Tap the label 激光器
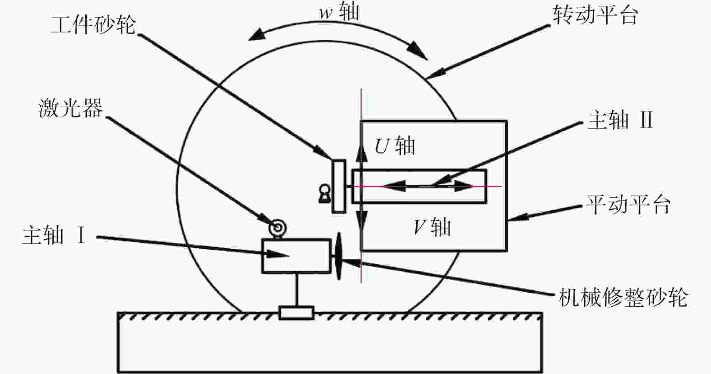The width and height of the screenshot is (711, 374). click(x=70, y=108)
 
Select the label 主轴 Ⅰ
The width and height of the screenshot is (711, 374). click(x=54, y=235)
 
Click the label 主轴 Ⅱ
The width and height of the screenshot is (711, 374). click(x=620, y=120)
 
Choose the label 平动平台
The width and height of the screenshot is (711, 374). click(x=628, y=204)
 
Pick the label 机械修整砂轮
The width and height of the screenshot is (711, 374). click(x=623, y=297)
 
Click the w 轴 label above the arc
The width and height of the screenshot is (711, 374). click(x=339, y=12)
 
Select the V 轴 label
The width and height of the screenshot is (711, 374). click(x=432, y=227)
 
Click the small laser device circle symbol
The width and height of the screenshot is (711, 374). click(x=278, y=228)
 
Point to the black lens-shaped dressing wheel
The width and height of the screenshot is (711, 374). click(x=339, y=256)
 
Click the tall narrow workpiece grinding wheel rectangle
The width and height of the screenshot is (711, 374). click(x=339, y=186)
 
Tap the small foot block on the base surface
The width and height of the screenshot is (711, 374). click(x=297, y=313)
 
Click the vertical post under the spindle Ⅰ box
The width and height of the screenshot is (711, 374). click(x=297, y=289)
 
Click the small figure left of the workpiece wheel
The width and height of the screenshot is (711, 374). click(x=325, y=194)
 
